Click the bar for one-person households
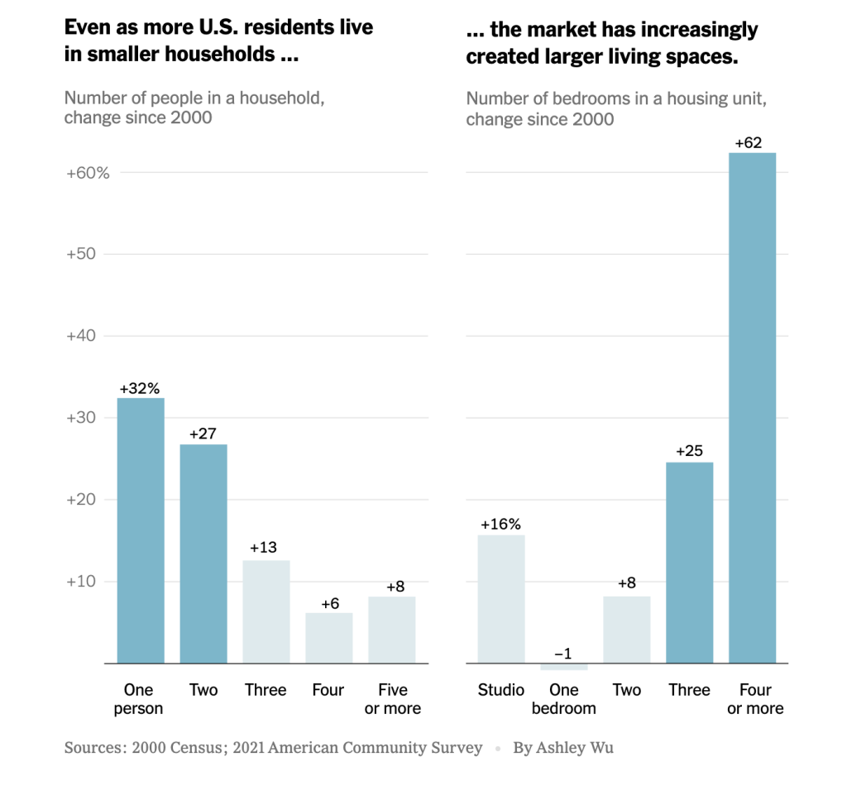(141, 530)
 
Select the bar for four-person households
(329, 638)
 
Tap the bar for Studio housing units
(501, 599)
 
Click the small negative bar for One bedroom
(563, 667)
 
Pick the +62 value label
(748, 143)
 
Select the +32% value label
(140, 389)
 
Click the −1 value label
(562, 654)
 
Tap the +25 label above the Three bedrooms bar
(689, 452)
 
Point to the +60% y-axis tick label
(88, 173)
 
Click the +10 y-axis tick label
(82, 582)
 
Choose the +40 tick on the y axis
(82, 336)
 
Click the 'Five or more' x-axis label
(392, 699)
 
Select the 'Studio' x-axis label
(501, 690)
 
